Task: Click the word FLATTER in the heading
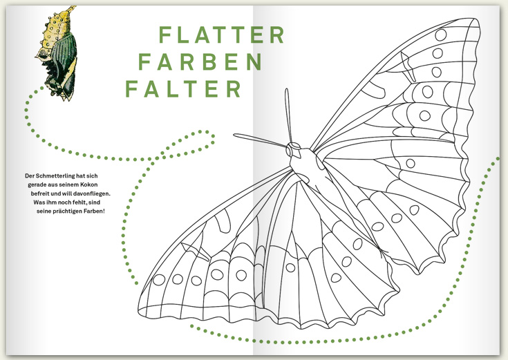tap(221, 35)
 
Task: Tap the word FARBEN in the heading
tap(200, 62)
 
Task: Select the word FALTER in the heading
tap(183, 89)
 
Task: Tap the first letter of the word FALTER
tap(131, 89)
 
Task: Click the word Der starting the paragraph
tap(28, 176)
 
